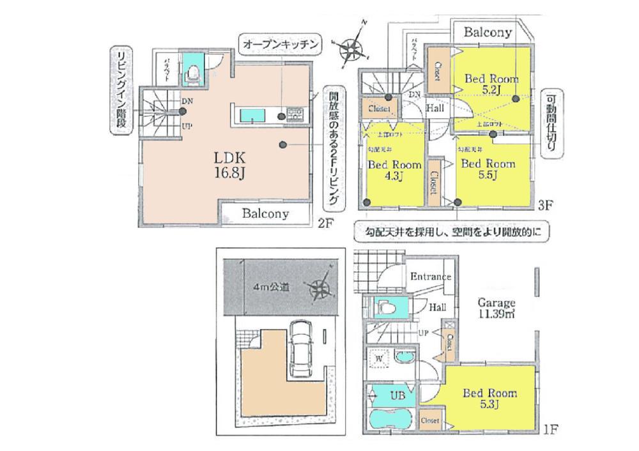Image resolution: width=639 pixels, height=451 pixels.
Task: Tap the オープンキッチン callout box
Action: coord(281,44)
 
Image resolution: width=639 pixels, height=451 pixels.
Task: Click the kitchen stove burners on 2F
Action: coord(296,115)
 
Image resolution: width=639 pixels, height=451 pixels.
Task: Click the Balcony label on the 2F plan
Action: coord(265,214)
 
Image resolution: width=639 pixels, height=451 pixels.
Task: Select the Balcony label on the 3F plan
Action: coord(488,32)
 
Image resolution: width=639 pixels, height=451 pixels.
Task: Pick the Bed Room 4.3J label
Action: coord(395,170)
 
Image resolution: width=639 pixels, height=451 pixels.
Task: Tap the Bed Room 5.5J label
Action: coord(488,169)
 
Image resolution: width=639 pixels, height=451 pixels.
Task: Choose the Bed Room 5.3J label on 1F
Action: coord(490,398)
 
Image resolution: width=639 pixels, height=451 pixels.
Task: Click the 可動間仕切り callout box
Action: coord(550,125)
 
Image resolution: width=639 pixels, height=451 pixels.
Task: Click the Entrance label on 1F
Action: coord(431,277)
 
